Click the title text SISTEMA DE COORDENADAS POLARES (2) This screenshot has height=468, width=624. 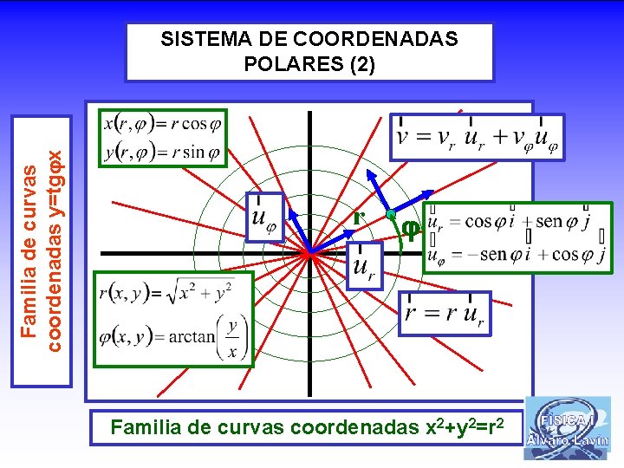click(x=309, y=52)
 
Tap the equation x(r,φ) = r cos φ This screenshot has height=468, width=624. click(x=163, y=124)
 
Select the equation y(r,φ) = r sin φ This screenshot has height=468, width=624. click(x=163, y=152)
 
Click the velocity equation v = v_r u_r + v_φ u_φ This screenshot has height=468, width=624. click(x=477, y=138)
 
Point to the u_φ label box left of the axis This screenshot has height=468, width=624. click(x=263, y=217)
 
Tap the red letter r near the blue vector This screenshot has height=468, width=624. click(x=356, y=218)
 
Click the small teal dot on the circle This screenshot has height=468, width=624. click(x=391, y=214)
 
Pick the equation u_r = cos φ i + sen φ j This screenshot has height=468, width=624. click(x=517, y=221)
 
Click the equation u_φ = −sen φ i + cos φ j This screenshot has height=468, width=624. click(x=517, y=255)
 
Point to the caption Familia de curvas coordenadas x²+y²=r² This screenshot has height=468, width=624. click(x=305, y=426)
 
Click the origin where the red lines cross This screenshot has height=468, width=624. click(x=309, y=253)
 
